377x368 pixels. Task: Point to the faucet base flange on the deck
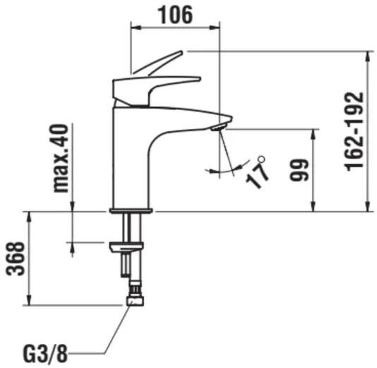point(131,209)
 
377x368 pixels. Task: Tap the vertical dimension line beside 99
point(312,170)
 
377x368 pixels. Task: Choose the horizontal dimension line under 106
point(176,28)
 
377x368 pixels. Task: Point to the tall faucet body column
point(131,162)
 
